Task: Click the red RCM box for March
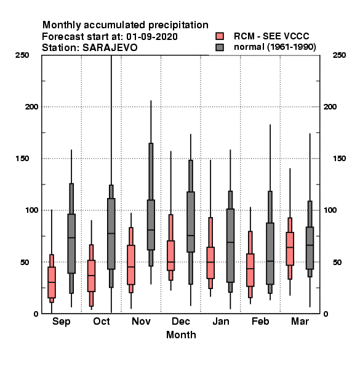coord(290,248)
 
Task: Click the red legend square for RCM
coord(220,36)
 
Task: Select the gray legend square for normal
coord(220,47)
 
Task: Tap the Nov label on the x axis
coord(141,321)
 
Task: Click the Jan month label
coord(220,321)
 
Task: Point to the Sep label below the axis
coord(61,322)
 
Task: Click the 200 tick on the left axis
coord(31,106)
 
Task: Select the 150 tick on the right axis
coord(339,159)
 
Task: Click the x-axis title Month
coord(181,335)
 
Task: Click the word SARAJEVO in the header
coord(110,48)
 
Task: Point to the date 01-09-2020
coord(152,37)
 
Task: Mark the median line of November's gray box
coord(151,229)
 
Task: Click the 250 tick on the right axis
coord(339,55)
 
